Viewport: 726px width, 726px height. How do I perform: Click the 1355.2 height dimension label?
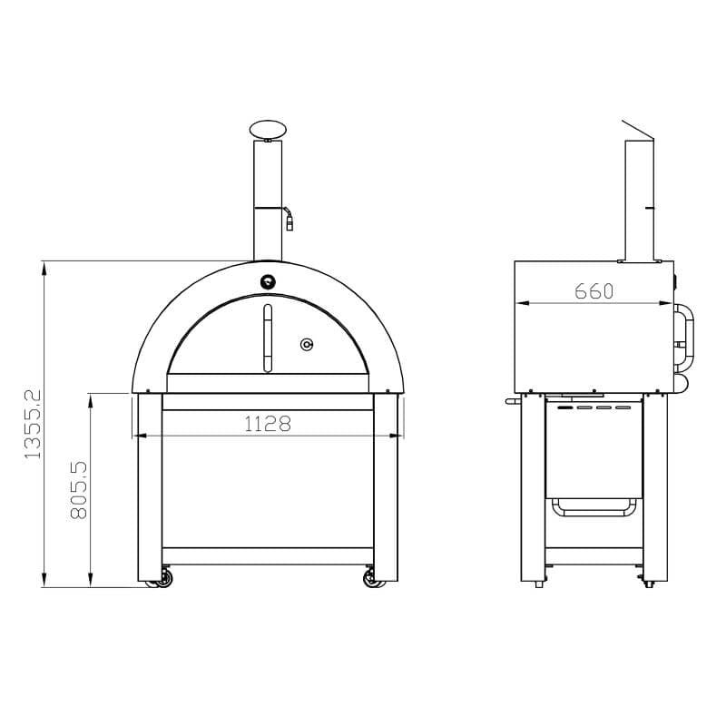pyautogui.click(x=33, y=424)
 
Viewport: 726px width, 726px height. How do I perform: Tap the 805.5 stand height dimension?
pyautogui.click(x=79, y=490)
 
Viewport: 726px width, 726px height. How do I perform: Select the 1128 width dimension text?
pyautogui.click(x=268, y=424)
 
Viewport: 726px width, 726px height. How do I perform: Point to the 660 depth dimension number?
pyautogui.click(x=594, y=291)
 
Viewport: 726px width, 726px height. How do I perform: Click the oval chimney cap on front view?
pyautogui.click(x=268, y=130)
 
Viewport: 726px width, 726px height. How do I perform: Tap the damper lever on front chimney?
pyautogui.click(x=288, y=219)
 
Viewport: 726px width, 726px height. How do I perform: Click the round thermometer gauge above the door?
pyautogui.click(x=268, y=281)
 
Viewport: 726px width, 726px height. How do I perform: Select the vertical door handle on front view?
pyautogui.click(x=268, y=338)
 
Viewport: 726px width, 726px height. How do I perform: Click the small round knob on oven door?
pyautogui.click(x=307, y=344)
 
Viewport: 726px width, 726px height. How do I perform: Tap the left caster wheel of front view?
pyautogui.click(x=164, y=578)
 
